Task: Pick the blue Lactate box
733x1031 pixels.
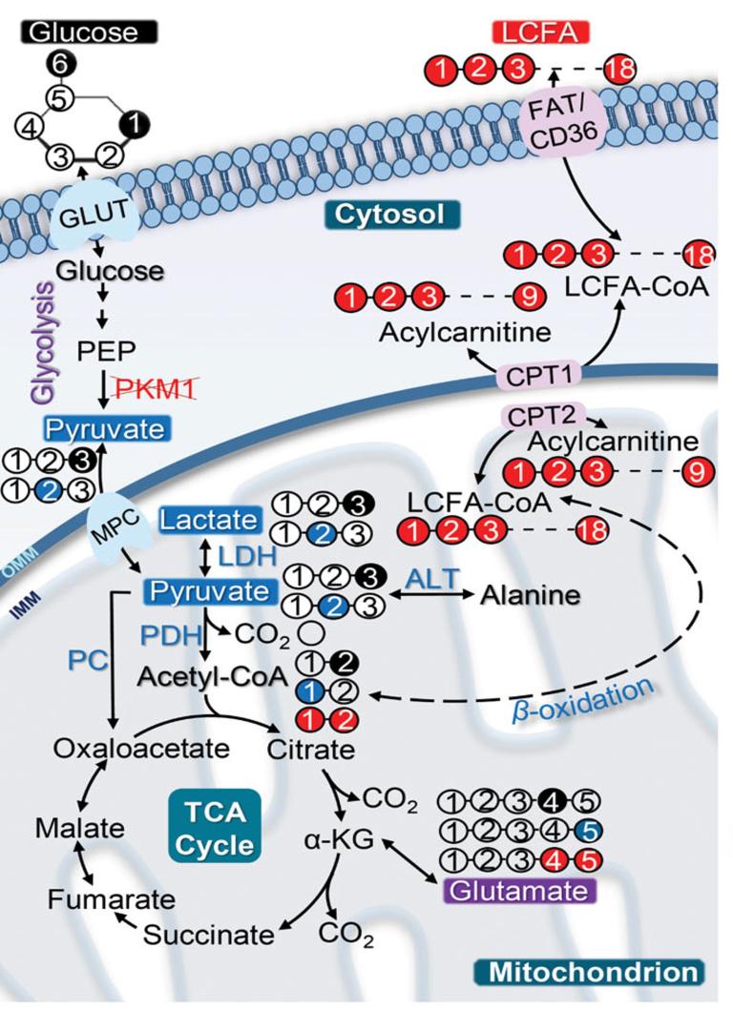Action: pyautogui.click(x=210, y=520)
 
